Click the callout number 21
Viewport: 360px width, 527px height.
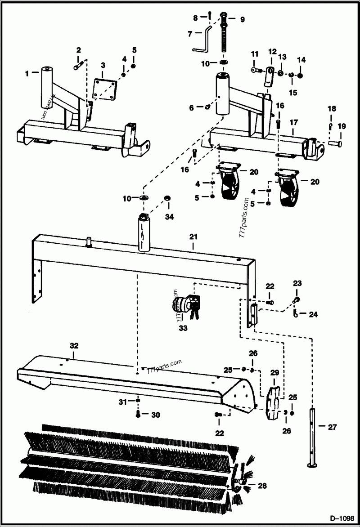(193, 236)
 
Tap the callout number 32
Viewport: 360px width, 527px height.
(74, 346)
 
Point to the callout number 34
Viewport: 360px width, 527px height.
(168, 218)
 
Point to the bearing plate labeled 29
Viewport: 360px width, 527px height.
(274, 402)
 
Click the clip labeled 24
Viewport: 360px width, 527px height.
(296, 311)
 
